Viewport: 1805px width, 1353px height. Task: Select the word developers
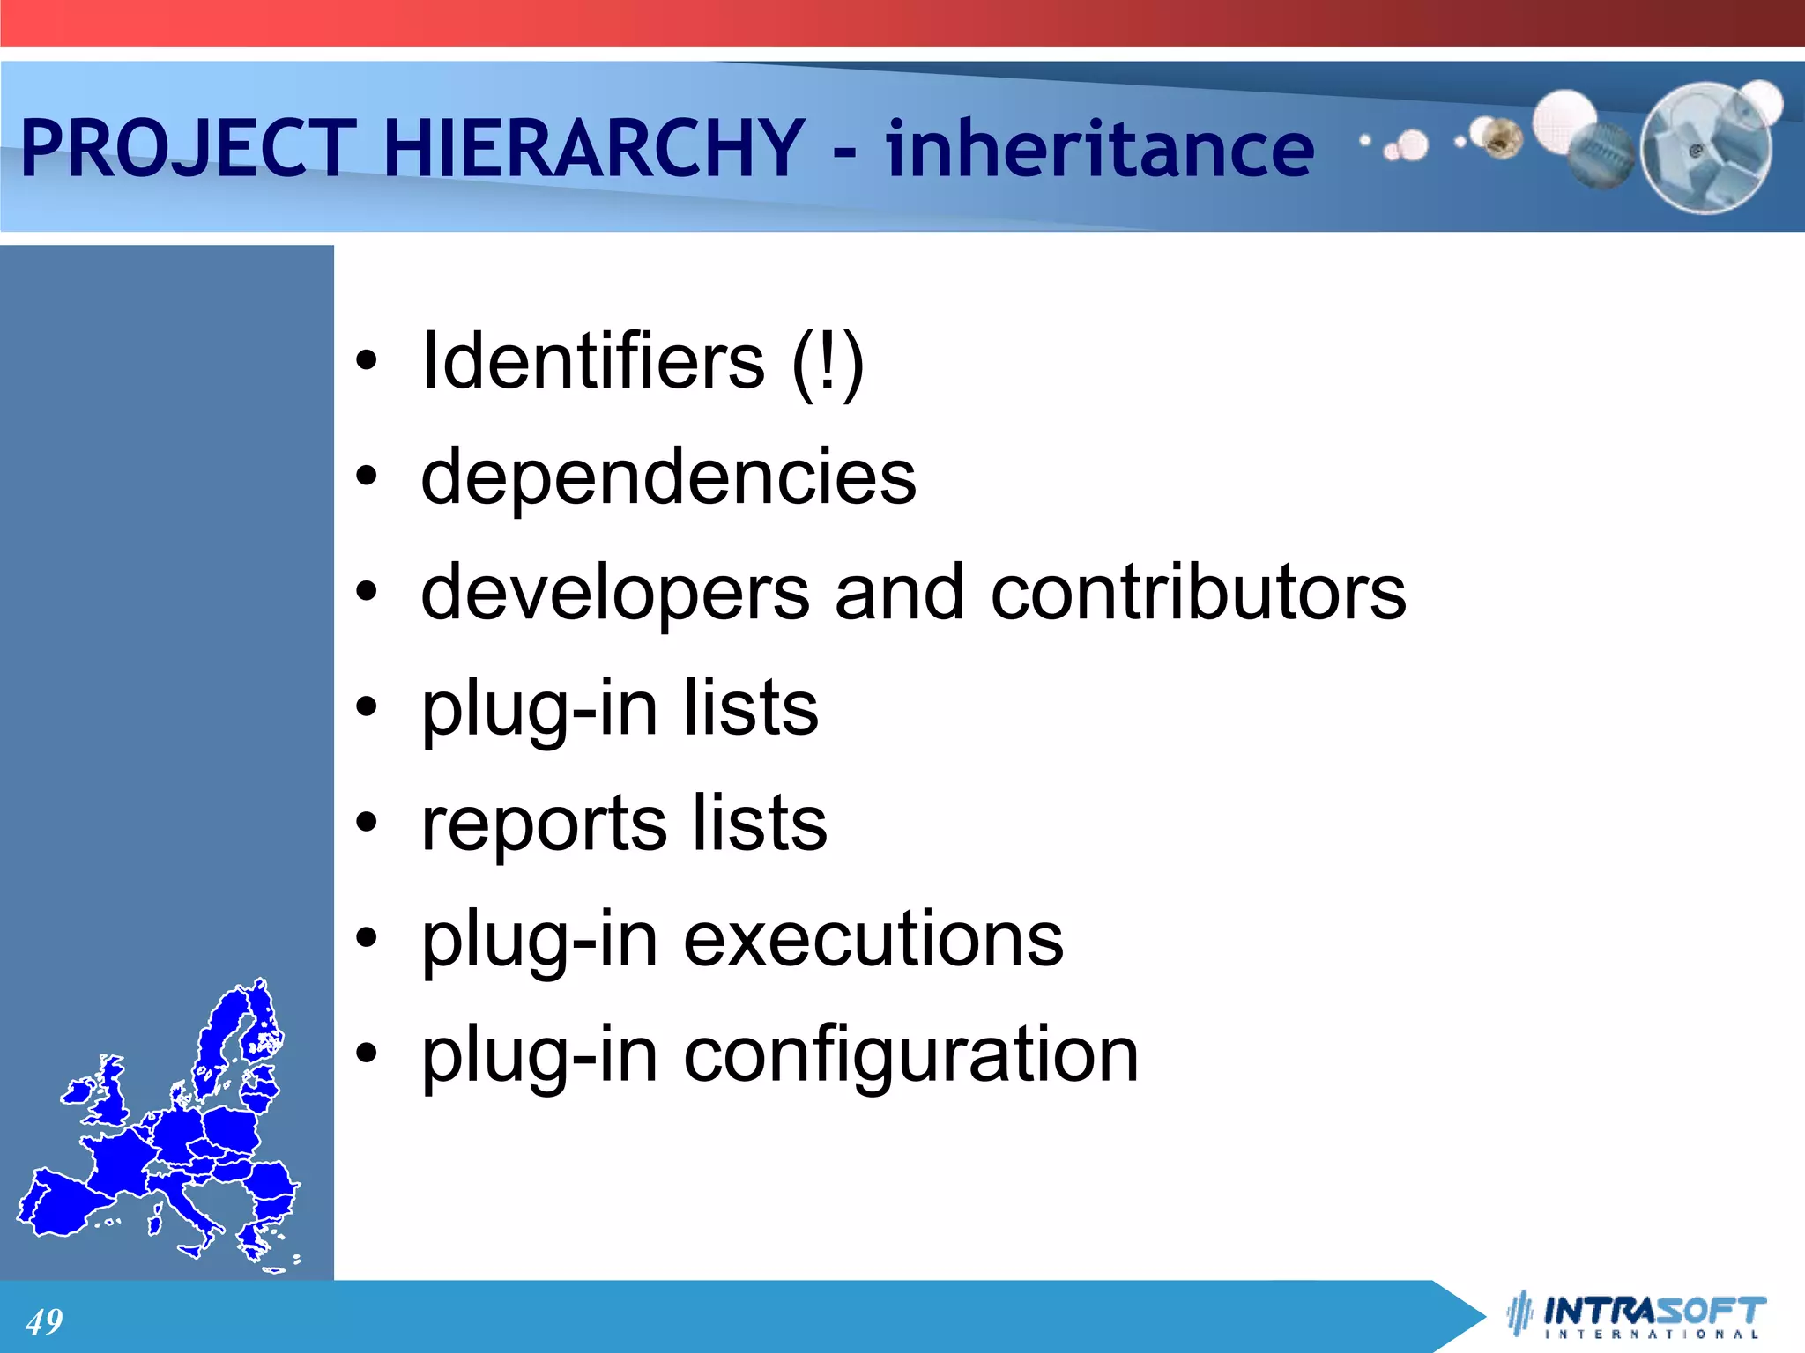point(614,592)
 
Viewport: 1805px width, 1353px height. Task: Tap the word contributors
point(1198,592)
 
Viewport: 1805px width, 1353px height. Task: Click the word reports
point(543,823)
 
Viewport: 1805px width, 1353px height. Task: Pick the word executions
point(873,939)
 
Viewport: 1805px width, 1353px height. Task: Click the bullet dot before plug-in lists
point(367,707)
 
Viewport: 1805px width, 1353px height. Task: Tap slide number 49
point(44,1321)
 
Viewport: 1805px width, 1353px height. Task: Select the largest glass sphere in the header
point(1705,148)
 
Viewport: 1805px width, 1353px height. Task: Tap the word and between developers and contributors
point(899,592)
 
